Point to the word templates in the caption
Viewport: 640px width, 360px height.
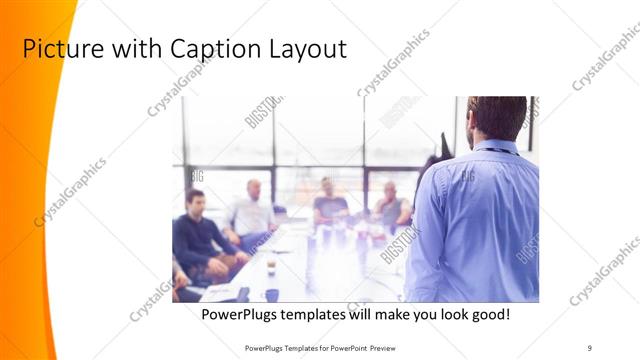(320, 314)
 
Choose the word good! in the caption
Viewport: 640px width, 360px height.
(489, 314)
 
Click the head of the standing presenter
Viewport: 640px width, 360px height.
(497, 115)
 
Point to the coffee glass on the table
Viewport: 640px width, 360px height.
(271, 265)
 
